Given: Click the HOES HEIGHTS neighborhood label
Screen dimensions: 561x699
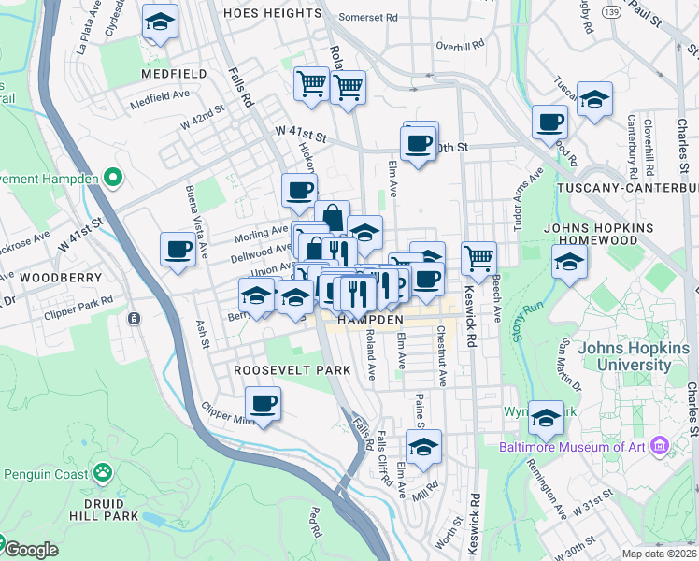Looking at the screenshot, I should tap(273, 14).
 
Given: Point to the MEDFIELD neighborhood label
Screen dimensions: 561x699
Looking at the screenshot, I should tap(173, 73).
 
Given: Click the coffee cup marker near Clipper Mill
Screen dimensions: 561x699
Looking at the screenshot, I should tap(263, 405).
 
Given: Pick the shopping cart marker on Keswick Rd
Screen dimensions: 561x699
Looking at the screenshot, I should tap(478, 256).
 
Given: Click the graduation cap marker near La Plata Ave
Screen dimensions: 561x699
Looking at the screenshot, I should tap(161, 22).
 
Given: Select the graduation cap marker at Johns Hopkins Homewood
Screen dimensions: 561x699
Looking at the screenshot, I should tap(569, 263).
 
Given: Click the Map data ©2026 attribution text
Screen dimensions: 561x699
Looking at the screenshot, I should tap(660, 554).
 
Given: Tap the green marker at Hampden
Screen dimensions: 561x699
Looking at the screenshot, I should tap(113, 177).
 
